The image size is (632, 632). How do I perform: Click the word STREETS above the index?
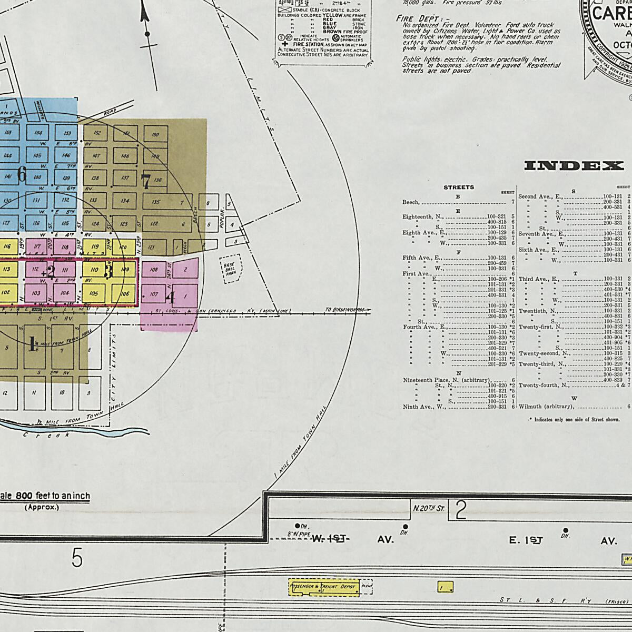(x=459, y=187)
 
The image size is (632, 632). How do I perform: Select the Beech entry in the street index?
(x=411, y=202)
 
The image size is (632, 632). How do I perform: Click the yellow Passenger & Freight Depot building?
(x=324, y=587)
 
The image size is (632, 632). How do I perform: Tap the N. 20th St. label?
(x=429, y=509)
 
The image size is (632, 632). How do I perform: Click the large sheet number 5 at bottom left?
(x=77, y=558)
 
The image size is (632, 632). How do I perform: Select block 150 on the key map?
(x=155, y=135)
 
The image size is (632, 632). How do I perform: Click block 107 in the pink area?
(x=154, y=294)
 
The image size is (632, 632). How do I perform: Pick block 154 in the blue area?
(x=38, y=133)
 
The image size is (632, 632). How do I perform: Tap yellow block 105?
(x=94, y=293)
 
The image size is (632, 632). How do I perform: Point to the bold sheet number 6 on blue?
(x=22, y=174)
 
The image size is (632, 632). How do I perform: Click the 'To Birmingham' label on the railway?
(x=345, y=310)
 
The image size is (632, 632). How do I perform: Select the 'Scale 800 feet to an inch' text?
(x=45, y=496)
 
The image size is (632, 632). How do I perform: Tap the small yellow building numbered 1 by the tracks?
(x=445, y=587)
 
